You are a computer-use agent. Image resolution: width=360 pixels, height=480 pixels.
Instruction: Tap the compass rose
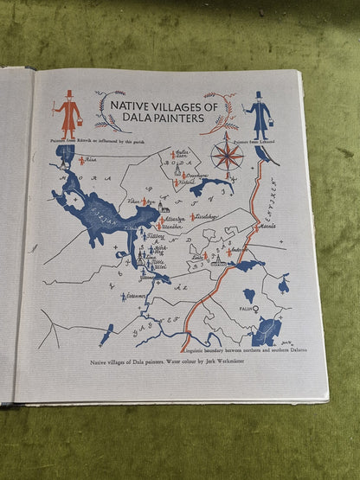point(228,155)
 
